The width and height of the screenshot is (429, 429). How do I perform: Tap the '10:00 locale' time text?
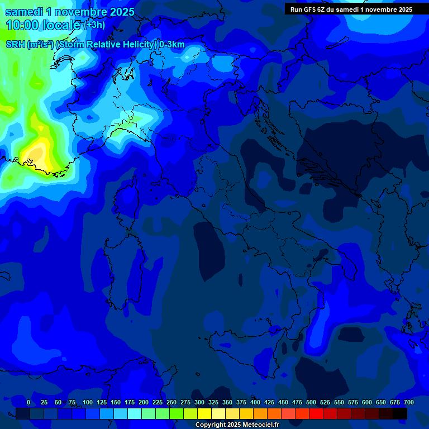click(x=43, y=25)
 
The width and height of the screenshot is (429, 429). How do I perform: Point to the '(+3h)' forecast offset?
click(x=93, y=25)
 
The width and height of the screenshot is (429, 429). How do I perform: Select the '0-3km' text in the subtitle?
click(x=172, y=45)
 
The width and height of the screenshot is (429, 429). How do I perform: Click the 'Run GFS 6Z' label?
click(x=309, y=9)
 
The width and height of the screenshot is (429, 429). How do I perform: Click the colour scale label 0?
click(x=28, y=402)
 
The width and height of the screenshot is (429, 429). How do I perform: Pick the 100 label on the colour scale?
click(x=88, y=402)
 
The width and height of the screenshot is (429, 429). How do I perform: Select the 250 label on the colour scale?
click(x=171, y=402)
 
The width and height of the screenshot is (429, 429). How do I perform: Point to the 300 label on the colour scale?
click(x=199, y=402)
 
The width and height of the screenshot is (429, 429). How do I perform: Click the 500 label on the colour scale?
click(x=311, y=402)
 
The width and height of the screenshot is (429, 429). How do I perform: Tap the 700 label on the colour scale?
click(x=408, y=402)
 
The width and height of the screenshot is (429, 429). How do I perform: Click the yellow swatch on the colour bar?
click(x=204, y=413)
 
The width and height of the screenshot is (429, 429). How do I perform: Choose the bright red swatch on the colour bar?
click(x=316, y=413)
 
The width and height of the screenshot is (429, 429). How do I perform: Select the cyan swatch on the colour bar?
click(x=135, y=413)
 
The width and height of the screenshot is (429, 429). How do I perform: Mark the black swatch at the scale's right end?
click(x=400, y=413)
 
